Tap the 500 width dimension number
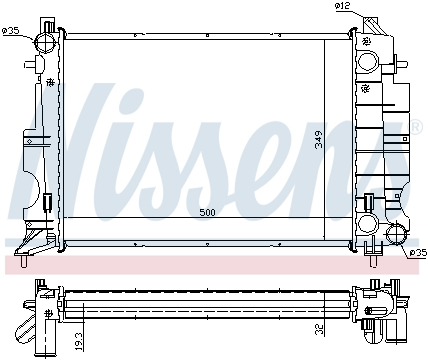click(207, 213)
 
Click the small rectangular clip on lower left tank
click(46, 202)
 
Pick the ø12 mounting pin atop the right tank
click(367, 26)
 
